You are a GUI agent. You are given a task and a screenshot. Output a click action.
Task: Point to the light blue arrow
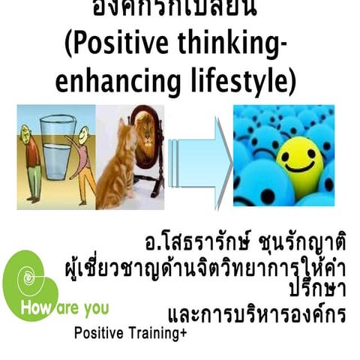point(197,157)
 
